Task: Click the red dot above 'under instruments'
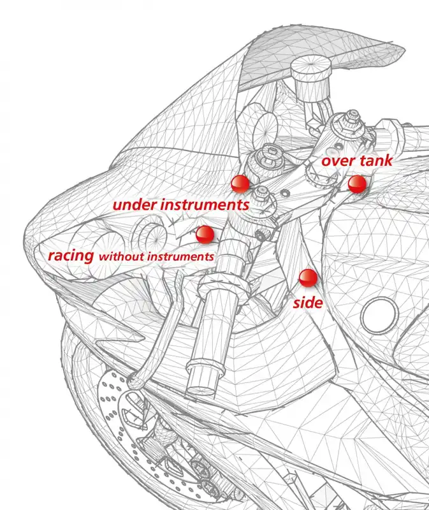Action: pyautogui.click(x=240, y=184)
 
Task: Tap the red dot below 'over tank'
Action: pyautogui.click(x=357, y=184)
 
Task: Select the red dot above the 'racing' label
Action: pyautogui.click(x=205, y=234)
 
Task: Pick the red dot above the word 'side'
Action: pyautogui.click(x=309, y=278)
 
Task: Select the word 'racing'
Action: pyautogui.click(x=71, y=256)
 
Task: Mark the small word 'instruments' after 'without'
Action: pyautogui.click(x=180, y=257)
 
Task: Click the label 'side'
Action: pyautogui.click(x=308, y=302)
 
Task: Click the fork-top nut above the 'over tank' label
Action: pyautogui.click(x=350, y=121)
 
